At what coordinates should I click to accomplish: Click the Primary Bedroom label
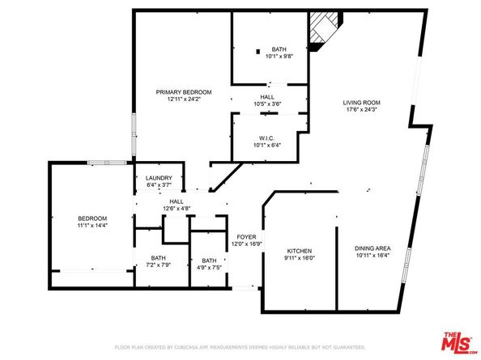[184, 92]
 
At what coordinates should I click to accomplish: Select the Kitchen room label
[299, 251]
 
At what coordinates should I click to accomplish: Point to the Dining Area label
[373, 248]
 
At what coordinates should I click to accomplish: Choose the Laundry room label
[157, 179]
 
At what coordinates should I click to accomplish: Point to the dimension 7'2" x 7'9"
[151, 265]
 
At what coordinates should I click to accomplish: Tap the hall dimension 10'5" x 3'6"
[266, 104]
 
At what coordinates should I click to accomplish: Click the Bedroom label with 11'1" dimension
[92, 218]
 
